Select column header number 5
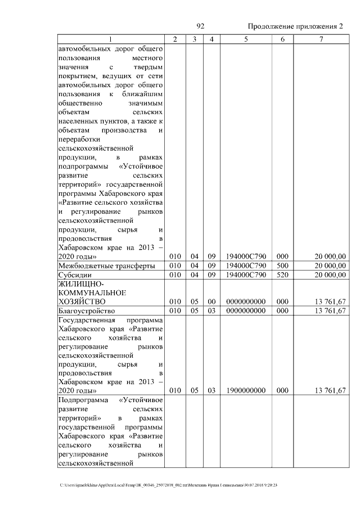pyautogui.click(x=246, y=39)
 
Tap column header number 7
pyautogui.click(x=321, y=39)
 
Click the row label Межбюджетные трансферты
pyautogui.click(x=100, y=265)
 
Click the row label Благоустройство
pyautogui.click(x=87, y=310)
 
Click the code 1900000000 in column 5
pyautogui.click(x=246, y=390)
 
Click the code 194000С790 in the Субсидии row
pyautogui.click(x=246, y=274)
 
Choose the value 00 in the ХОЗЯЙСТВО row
pyautogui.click(x=211, y=301)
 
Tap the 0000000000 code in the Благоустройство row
pyautogui.click(x=246, y=310)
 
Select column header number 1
pyautogui.click(x=110, y=39)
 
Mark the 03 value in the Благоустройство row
pyautogui.click(x=211, y=310)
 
